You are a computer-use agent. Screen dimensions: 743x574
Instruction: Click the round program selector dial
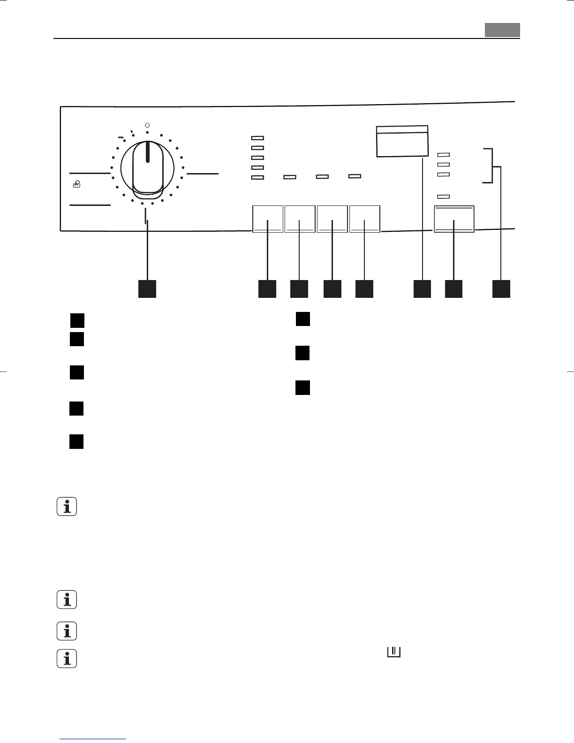tap(147, 167)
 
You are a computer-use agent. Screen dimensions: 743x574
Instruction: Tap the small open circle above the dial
tap(147, 126)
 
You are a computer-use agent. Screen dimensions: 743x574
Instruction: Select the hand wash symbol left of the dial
tap(76, 185)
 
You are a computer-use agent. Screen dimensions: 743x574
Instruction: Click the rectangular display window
tap(402, 141)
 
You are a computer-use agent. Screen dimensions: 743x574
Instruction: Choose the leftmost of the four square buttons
tap(268, 219)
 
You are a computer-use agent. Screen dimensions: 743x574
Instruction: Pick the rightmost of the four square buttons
tap(365, 219)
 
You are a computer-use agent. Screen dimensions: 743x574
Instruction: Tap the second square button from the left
tap(300, 219)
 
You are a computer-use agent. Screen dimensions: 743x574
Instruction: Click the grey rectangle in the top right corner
tap(502, 30)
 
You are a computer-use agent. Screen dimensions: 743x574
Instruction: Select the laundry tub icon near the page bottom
tap(393, 652)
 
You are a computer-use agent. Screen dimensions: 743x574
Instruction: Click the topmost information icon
tap(67, 508)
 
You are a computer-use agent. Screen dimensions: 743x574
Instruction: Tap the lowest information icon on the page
tap(67, 659)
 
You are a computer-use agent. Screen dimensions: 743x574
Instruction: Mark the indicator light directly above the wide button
tap(443, 197)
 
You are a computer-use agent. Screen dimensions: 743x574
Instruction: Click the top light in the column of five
tap(258, 138)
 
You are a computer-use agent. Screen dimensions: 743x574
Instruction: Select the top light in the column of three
tap(443, 154)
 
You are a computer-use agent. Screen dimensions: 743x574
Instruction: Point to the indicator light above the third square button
tap(322, 177)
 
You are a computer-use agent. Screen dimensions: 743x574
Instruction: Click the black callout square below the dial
tap(147, 289)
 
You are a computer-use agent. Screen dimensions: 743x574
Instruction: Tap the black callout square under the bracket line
tap(501, 289)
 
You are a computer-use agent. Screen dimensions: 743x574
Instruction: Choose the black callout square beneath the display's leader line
tap(422, 289)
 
